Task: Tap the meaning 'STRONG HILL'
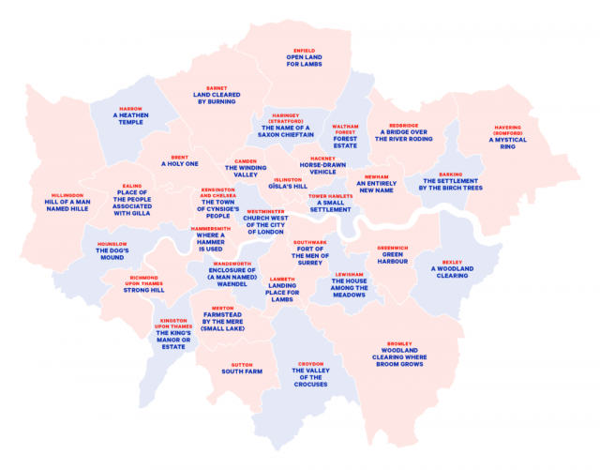pyautogui.click(x=143, y=290)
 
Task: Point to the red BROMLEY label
pyautogui.click(x=397, y=344)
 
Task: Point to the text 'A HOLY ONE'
pyautogui.click(x=180, y=164)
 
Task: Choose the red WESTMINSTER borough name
pyautogui.click(x=265, y=212)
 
